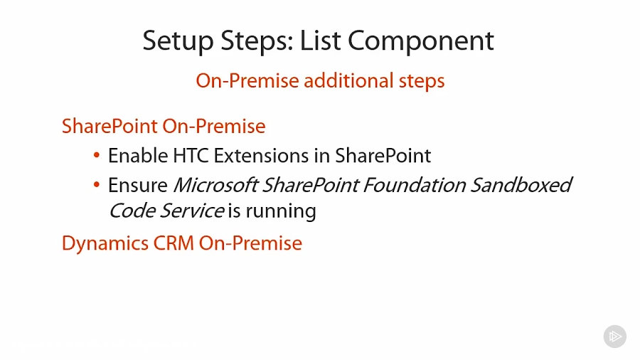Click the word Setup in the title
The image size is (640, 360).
pos(176,41)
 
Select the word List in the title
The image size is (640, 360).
pos(321,41)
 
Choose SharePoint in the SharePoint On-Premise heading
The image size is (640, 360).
pos(110,127)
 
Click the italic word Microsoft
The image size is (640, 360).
pos(215,186)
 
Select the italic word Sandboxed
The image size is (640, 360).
pos(521,186)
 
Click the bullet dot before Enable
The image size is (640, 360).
pos(97,155)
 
